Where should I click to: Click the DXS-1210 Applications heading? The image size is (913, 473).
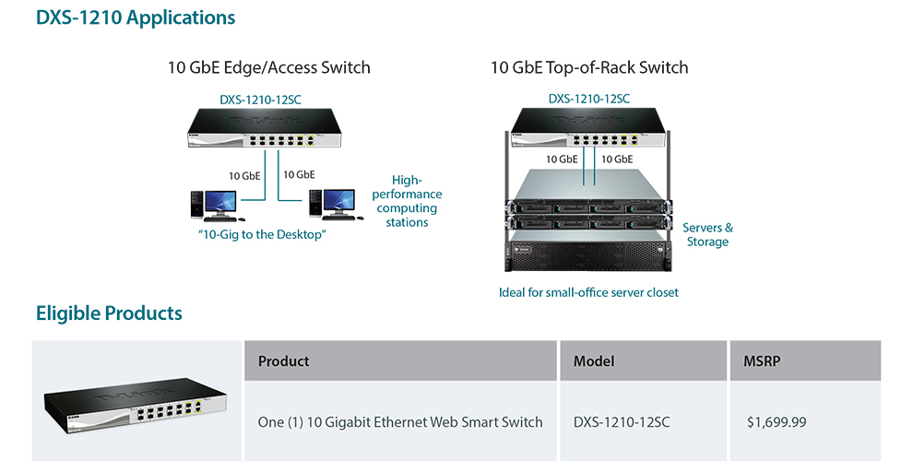[x=136, y=18]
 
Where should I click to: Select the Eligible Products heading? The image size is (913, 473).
[x=109, y=313]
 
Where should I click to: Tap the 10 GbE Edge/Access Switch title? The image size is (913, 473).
[x=268, y=67]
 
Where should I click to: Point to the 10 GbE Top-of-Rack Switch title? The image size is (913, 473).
[x=589, y=67]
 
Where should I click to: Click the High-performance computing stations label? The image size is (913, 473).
[x=407, y=202]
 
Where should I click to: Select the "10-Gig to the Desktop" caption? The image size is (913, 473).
[x=263, y=234]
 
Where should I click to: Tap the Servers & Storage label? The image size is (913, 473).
[x=707, y=234]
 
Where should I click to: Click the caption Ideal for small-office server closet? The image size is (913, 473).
[x=588, y=292]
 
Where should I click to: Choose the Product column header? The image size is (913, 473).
[x=284, y=361]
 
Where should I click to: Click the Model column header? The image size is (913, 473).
[x=594, y=361]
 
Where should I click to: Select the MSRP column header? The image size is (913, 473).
[x=762, y=361]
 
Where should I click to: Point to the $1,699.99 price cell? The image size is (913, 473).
[x=777, y=421]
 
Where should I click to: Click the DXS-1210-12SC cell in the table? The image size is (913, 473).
[x=622, y=421]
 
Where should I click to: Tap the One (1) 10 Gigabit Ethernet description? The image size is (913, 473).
[x=400, y=421]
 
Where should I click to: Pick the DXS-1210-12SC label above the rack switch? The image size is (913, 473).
[x=589, y=99]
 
